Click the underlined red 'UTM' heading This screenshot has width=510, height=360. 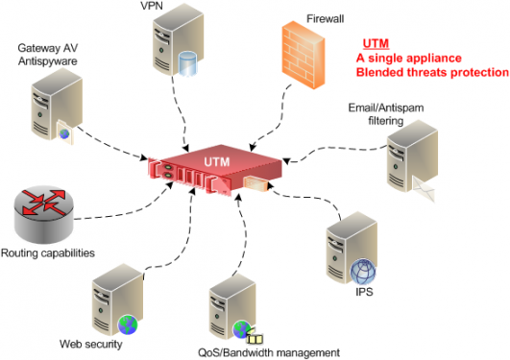click(376, 44)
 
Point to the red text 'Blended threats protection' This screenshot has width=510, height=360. click(431, 73)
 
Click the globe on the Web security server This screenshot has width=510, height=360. click(128, 324)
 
